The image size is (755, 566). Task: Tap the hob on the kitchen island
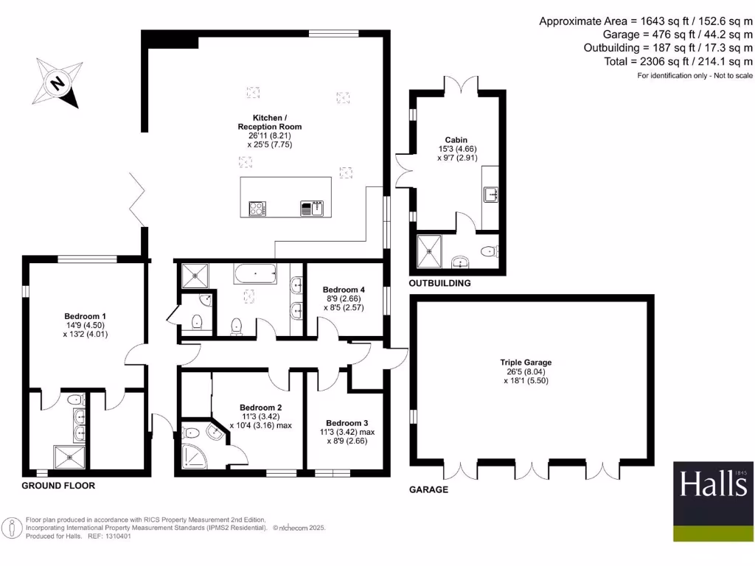pyautogui.click(x=257, y=209)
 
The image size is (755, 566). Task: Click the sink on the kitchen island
pyautogui.click(x=311, y=209)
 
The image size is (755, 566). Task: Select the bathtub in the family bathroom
pyautogui.click(x=255, y=274)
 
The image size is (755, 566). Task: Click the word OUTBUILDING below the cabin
pyautogui.click(x=439, y=283)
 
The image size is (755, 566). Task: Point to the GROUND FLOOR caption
pyautogui.click(x=58, y=486)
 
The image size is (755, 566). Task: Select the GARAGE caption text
pyautogui.click(x=428, y=489)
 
